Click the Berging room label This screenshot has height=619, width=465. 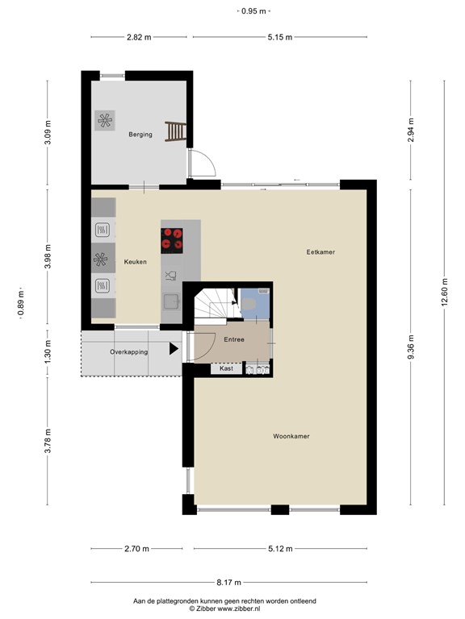coord(140,135)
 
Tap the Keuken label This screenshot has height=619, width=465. coord(135,261)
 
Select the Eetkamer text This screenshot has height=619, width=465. coord(320,252)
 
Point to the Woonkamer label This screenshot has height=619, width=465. coord(291,436)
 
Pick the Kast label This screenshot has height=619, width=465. coord(226,368)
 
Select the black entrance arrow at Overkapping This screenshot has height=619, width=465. coord(174,350)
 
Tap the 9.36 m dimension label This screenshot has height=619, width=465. coord(411,349)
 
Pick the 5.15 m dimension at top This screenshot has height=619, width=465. coord(279,37)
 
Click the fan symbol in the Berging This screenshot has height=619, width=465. coord(105,122)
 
